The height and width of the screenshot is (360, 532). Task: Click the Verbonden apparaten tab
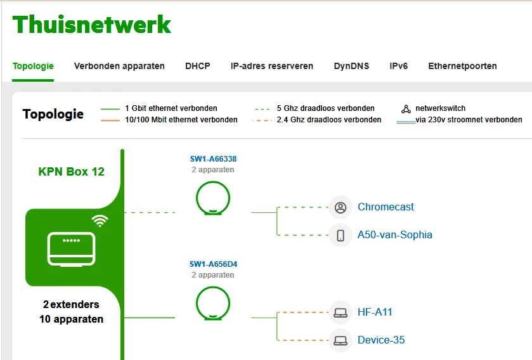click(119, 66)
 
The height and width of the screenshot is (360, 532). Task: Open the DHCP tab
click(197, 66)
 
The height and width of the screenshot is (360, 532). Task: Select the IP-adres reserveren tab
click(271, 66)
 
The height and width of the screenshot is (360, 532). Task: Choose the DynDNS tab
click(351, 66)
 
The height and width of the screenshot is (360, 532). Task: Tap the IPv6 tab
click(398, 66)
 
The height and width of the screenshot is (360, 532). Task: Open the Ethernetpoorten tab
click(462, 66)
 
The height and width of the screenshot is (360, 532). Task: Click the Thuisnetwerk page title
click(92, 25)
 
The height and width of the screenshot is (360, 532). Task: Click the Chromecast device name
click(386, 207)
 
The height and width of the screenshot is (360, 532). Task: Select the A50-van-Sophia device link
click(394, 235)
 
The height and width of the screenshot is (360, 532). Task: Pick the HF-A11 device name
click(374, 312)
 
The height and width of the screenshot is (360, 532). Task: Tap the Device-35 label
click(380, 340)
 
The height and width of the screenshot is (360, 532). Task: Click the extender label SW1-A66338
click(213, 159)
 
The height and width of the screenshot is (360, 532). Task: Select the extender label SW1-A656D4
click(213, 264)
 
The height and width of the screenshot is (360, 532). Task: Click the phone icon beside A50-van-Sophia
click(341, 235)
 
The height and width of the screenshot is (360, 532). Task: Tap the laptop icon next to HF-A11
click(341, 312)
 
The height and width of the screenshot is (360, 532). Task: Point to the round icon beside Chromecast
click(341, 207)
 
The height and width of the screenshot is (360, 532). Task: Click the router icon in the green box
click(70, 248)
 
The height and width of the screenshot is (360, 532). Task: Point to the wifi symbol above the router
click(100, 221)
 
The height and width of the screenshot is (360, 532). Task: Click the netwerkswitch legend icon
click(406, 109)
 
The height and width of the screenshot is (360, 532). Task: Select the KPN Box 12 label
click(71, 172)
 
